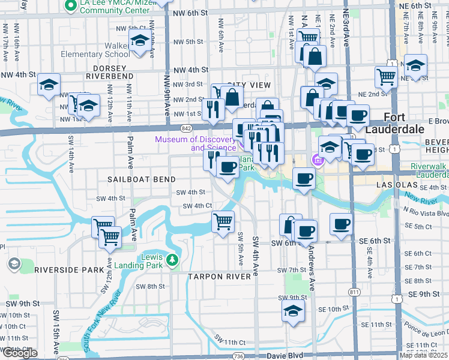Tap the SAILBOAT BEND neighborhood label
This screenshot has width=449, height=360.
click(x=142, y=179)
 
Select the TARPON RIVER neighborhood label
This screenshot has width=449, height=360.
click(x=218, y=277)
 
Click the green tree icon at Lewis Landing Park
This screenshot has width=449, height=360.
click(x=173, y=260)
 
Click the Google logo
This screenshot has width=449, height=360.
click(x=20, y=353)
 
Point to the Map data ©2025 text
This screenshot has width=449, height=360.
click(x=423, y=355)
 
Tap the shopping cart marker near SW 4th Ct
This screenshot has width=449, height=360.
click(x=223, y=221)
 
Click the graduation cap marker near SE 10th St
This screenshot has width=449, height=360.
click(x=292, y=310)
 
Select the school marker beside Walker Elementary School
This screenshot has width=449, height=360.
click(x=140, y=41)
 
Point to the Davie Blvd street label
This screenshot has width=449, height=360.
click(x=283, y=356)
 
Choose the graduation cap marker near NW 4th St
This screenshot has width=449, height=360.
click(x=49, y=84)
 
